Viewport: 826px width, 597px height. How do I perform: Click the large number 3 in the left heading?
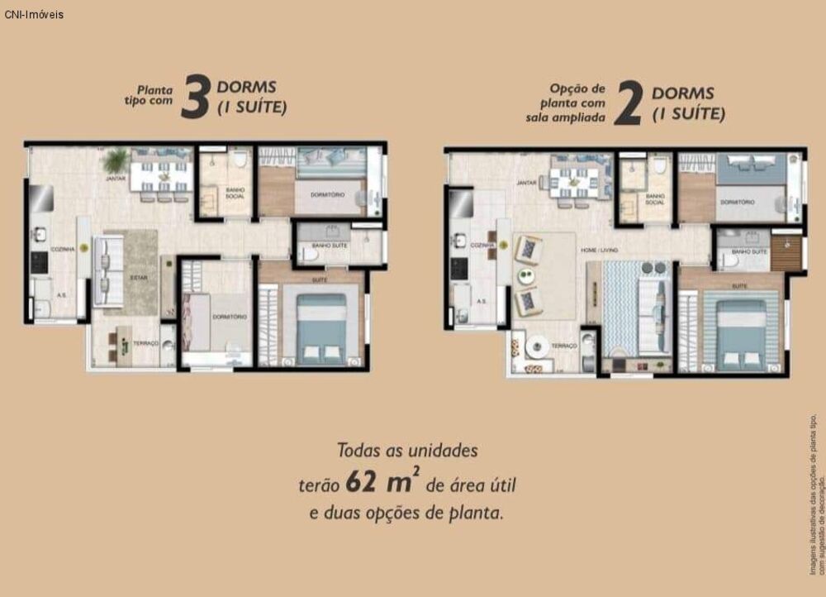pyautogui.click(x=196, y=98)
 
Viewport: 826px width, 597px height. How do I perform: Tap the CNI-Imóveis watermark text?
pyautogui.click(x=34, y=14)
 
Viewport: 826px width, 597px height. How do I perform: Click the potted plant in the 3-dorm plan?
pyautogui.click(x=116, y=159)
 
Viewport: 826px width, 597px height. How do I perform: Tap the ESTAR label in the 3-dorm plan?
pyautogui.click(x=138, y=278)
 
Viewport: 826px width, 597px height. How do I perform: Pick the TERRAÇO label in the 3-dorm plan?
pyautogui.click(x=145, y=341)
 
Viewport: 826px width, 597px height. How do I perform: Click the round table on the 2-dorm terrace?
pyautogui.click(x=539, y=346)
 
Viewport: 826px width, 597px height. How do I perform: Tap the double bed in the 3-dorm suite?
pyautogui.click(x=321, y=328)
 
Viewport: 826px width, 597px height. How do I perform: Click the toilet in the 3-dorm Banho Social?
pyautogui.click(x=239, y=159)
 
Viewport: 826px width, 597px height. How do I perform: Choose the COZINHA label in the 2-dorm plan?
pyautogui.click(x=482, y=246)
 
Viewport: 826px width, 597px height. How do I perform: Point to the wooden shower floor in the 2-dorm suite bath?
pyautogui.click(x=786, y=253)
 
